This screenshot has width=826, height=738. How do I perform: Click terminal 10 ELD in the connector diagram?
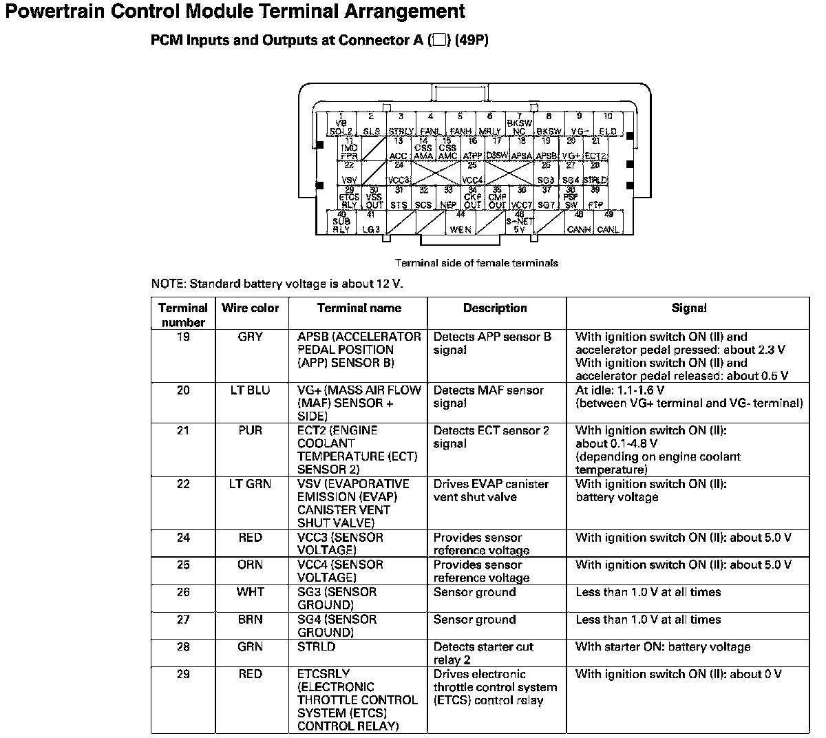608,125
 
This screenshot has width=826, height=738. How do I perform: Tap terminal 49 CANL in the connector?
608,222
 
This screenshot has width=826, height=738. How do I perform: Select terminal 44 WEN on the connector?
460,222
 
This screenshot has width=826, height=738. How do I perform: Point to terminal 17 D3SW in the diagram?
496,150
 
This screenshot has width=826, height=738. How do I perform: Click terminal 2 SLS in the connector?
371,125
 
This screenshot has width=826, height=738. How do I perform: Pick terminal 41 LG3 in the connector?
371,222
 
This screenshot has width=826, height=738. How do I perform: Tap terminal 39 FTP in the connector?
595,198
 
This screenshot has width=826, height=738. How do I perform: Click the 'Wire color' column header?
250,308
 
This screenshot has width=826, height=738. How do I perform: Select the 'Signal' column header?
688,308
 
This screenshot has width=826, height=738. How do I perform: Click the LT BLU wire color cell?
250,390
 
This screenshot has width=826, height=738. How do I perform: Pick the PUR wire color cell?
250,430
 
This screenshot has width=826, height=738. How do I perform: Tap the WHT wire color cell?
250,592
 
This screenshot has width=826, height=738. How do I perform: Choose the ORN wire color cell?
250,565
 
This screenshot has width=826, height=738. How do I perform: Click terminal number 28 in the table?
183,647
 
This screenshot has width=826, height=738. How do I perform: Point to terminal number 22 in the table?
183,484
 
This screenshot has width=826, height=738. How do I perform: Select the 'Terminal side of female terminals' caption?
476,263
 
